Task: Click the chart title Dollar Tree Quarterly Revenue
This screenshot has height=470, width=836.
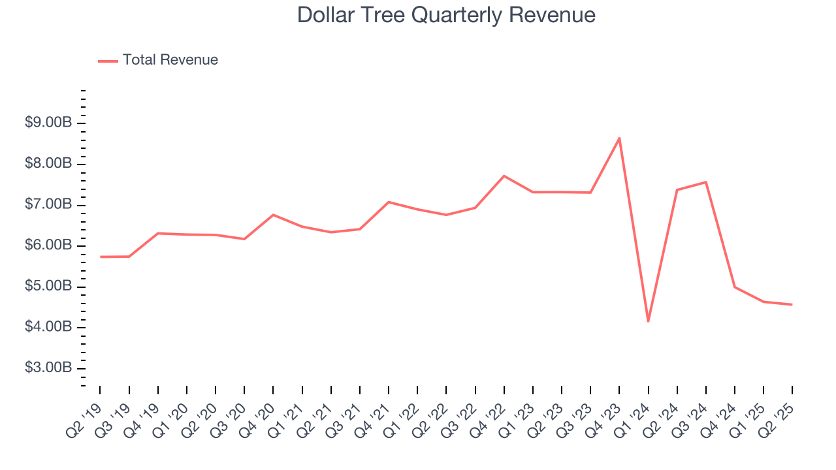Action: pos(446,15)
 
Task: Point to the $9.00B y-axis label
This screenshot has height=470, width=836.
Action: pos(48,123)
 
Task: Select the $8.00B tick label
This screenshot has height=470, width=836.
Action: pos(48,163)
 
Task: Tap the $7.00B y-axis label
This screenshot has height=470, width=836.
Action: pos(48,204)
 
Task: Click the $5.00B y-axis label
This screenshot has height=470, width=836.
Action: pos(48,286)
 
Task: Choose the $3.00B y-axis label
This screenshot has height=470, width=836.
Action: pos(48,368)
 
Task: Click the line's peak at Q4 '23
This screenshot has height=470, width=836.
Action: pos(619,138)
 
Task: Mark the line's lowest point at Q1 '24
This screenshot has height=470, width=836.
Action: pos(648,321)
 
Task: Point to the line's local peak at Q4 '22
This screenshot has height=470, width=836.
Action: pos(504,176)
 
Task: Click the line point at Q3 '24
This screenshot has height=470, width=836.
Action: pos(705,182)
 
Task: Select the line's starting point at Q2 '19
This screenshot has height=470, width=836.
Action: pos(101,257)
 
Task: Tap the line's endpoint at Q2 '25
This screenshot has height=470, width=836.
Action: pos(792,304)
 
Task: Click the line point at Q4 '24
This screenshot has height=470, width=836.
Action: pos(734,287)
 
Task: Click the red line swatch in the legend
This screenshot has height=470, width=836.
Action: pos(108,61)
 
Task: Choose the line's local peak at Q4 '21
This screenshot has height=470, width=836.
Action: pos(389,202)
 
